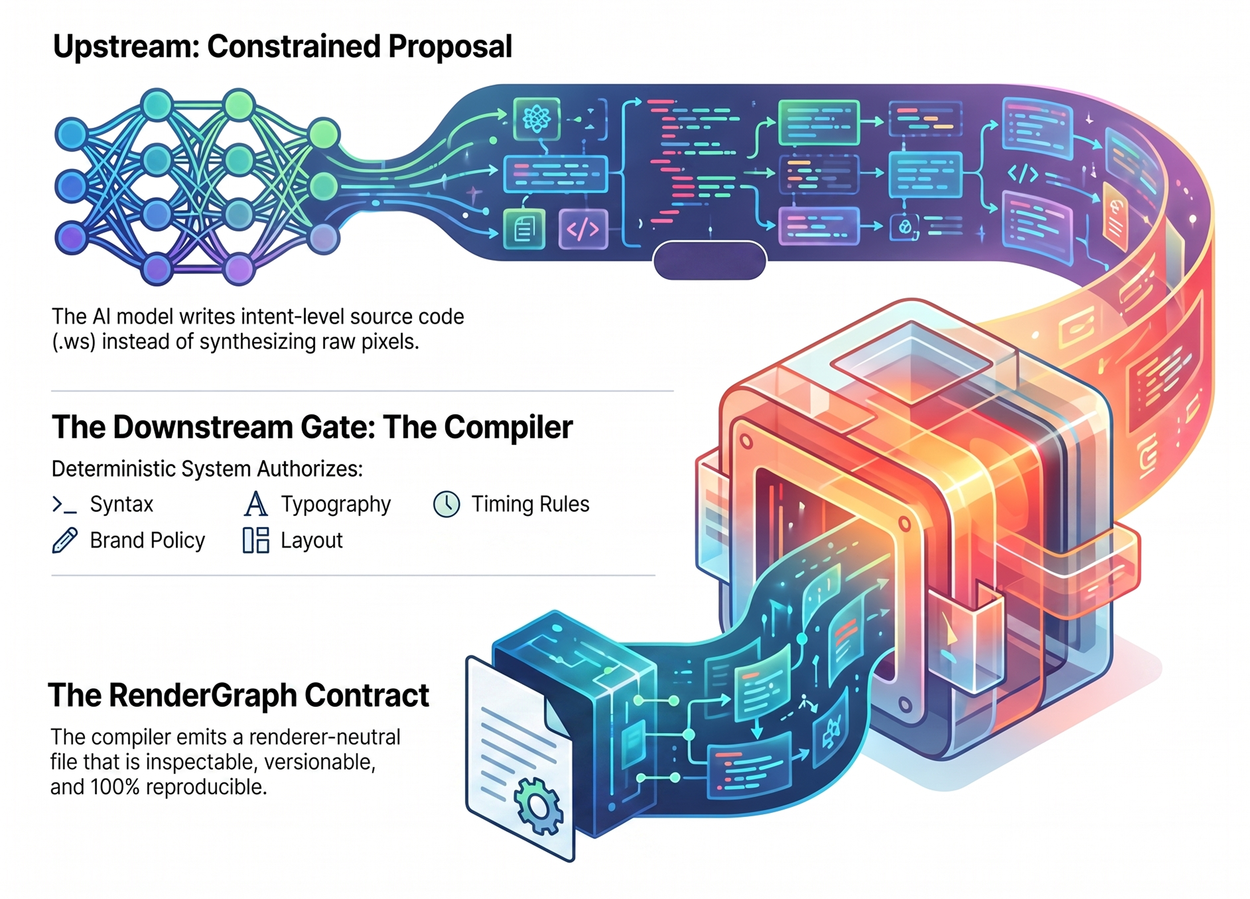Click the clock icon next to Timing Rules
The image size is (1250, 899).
pyautogui.click(x=447, y=504)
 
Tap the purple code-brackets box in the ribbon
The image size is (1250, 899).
pyautogui.click(x=583, y=229)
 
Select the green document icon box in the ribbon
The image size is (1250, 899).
pyautogui.click(x=524, y=229)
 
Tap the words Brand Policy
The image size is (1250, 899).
pyautogui.click(x=147, y=540)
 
